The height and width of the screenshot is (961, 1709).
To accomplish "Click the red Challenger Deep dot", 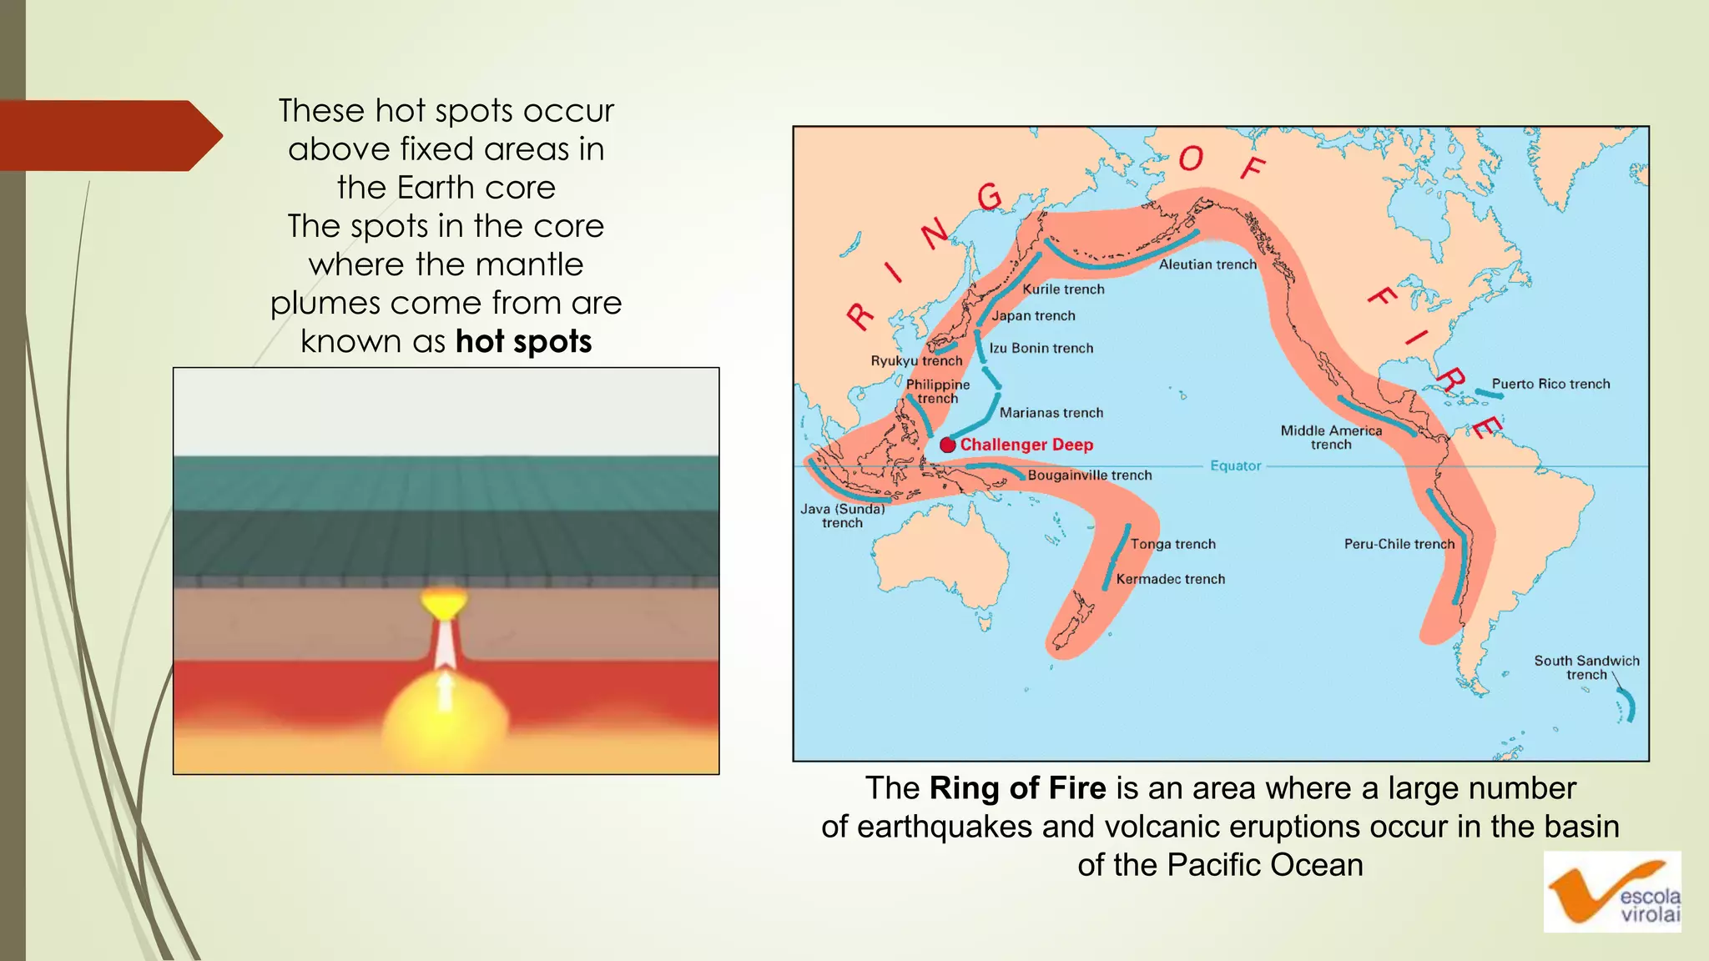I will click(x=947, y=445).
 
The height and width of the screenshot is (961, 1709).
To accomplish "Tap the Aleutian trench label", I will click(x=1207, y=264).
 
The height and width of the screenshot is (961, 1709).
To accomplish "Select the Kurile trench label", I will click(x=1063, y=289).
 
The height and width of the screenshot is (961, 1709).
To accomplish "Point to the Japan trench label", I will click(x=1033, y=316).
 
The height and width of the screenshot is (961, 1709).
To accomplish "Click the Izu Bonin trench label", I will click(x=1041, y=349).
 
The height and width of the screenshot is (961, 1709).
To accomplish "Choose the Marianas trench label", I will click(x=1051, y=413).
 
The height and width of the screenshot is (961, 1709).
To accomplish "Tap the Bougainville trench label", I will click(x=1089, y=475).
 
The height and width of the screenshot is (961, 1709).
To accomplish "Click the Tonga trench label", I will click(x=1172, y=545).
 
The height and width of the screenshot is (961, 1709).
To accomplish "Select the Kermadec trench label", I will click(x=1170, y=580).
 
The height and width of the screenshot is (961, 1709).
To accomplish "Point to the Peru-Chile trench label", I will click(x=1399, y=545).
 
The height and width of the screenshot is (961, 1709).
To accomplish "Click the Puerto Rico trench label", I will click(x=1550, y=385).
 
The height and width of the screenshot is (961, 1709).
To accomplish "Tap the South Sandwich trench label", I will click(x=1586, y=667).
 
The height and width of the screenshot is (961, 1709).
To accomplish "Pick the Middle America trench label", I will click(x=1331, y=437).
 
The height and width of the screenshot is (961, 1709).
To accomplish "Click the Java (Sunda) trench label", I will click(x=842, y=516).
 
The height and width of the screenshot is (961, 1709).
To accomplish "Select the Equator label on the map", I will click(x=1235, y=466).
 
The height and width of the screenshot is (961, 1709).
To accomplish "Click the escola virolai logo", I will click(x=1611, y=892).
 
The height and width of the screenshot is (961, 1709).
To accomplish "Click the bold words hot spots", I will click(x=523, y=342).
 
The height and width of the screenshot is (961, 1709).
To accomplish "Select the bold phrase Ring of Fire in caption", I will click(x=1017, y=788).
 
